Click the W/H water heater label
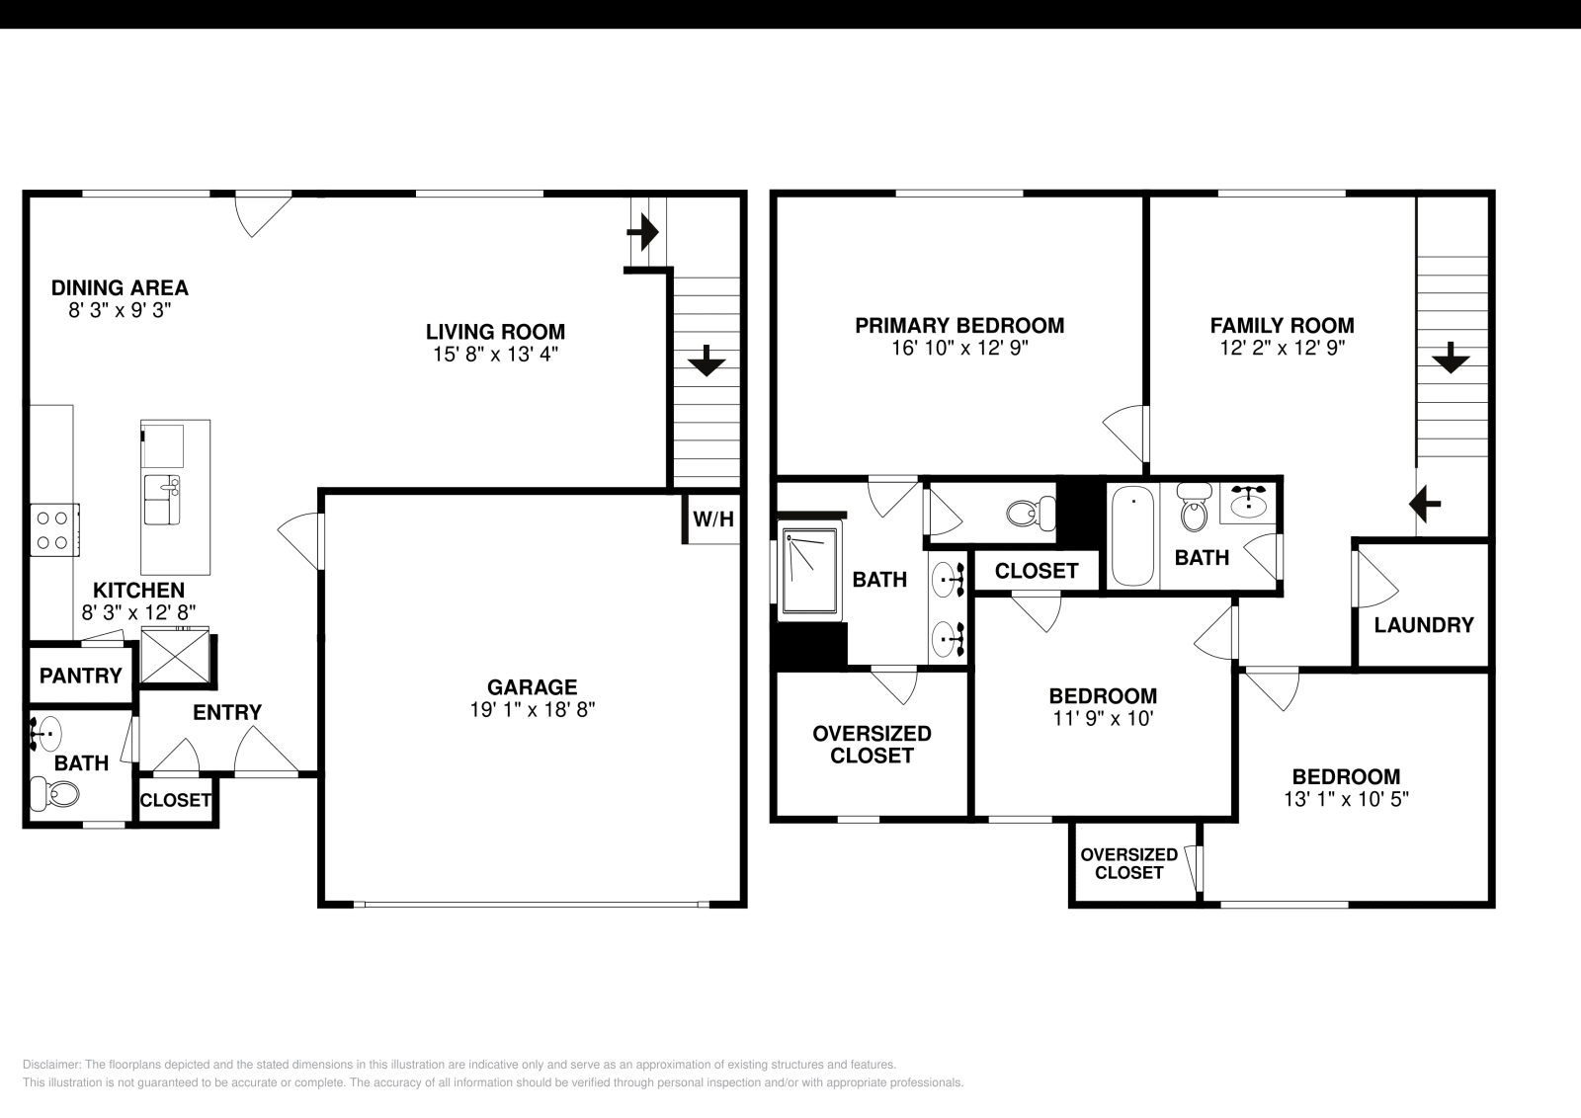(713, 519)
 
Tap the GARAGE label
(532, 687)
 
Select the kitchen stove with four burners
(54, 529)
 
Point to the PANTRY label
(80, 677)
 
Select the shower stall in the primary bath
(809, 572)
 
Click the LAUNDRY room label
(1423, 625)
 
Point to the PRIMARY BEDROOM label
(959, 326)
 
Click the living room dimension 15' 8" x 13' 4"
(495, 354)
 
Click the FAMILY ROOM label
(1282, 326)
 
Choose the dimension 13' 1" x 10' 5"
(1346, 799)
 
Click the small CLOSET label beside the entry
(175, 801)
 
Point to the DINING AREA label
(120, 288)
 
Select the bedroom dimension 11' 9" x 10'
(1103, 719)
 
